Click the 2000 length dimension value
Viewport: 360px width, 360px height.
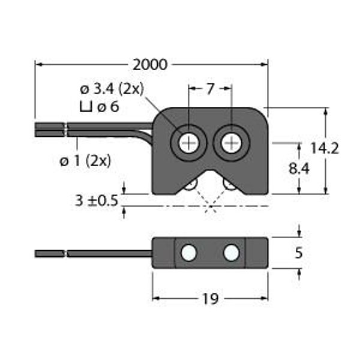click(150, 65)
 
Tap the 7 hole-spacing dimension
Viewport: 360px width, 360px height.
click(210, 89)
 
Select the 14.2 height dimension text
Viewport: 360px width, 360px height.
click(325, 148)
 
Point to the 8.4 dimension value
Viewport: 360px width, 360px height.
click(299, 169)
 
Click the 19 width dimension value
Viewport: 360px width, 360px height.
click(211, 299)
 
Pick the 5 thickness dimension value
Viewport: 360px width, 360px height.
click(298, 253)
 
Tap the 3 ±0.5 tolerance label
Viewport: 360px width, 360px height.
click(97, 200)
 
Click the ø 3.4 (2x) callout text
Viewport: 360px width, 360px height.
click(112, 89)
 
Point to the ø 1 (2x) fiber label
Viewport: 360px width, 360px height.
click(85, 161)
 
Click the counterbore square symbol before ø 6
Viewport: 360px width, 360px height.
click(86, 107)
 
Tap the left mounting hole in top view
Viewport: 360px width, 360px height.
click(188, 143)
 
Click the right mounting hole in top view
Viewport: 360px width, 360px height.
click(232, 143)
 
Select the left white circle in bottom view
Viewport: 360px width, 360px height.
click(189, 253)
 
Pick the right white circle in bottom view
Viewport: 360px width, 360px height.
click(231, 253)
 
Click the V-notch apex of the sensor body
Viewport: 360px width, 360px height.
click(211, 170)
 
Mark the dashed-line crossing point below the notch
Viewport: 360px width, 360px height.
click(211, 206)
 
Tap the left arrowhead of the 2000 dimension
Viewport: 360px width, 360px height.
click(38, 65)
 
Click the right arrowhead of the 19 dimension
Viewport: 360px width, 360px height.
click(264, 298)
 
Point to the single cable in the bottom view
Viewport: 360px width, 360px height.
click(94, 254)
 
